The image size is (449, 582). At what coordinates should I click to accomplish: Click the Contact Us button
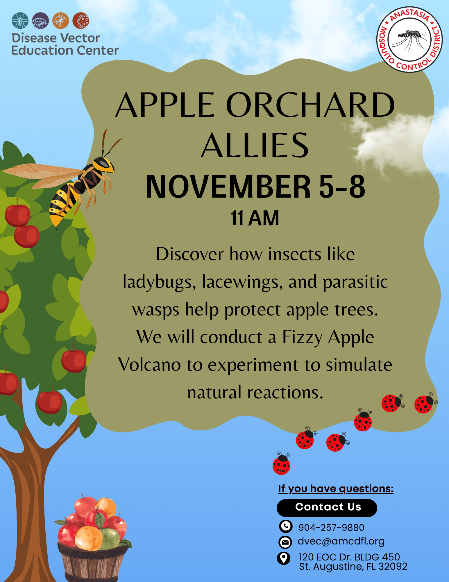[327, 508]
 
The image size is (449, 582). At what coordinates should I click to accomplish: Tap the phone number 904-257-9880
[331, 527]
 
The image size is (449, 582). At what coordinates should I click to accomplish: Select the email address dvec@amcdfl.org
[341, 541]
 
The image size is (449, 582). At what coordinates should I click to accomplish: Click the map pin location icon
[284, 558]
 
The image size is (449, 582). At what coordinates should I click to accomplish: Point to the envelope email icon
[285, 542]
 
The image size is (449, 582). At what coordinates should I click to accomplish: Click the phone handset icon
[286, 526]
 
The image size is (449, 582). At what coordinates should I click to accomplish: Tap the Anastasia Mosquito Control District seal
[409, 39]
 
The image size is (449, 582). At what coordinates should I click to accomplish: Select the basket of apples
[93, 538]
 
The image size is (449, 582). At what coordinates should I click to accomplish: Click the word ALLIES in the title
[255, 145]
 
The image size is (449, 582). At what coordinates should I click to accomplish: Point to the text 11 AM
[255, 218]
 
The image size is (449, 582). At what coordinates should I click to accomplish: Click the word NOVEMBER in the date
[228, 187]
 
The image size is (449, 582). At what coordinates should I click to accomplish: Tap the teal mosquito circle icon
[20, 21]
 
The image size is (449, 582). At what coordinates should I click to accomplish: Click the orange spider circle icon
[60, 21]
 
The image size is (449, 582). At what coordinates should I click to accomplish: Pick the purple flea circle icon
[40, 21]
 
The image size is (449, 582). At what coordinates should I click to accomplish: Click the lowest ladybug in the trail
[282, 463]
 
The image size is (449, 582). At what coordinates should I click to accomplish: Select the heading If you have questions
[336, 489]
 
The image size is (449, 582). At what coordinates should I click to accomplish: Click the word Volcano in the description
[150, 365]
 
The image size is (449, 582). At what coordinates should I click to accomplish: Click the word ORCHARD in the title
[310, 105]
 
